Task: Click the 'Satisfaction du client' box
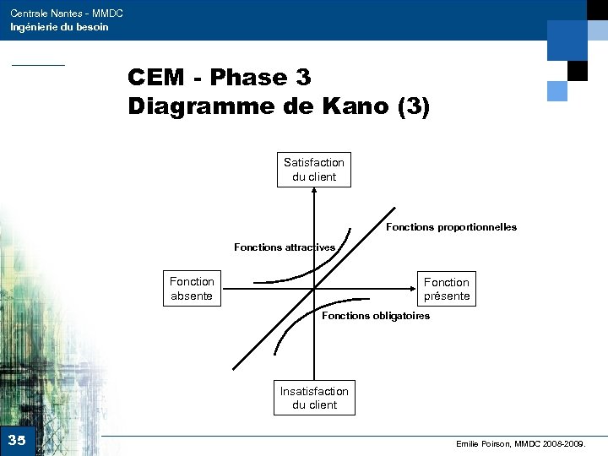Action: [314, 169]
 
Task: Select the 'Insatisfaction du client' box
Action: [314, 398]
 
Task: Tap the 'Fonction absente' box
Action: [192, 289]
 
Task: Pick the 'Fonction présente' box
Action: [446, 289]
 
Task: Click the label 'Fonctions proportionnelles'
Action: [451, 227]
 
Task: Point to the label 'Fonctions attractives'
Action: [285, 247]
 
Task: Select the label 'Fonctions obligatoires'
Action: [376, 316]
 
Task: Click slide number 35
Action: [17, 440]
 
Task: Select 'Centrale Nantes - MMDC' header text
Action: [67, 14]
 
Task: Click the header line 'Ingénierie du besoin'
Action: [59, 27]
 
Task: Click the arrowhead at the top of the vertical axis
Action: [314, 190]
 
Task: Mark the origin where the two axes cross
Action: [314, 288]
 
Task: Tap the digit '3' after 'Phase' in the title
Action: [303, 78]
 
